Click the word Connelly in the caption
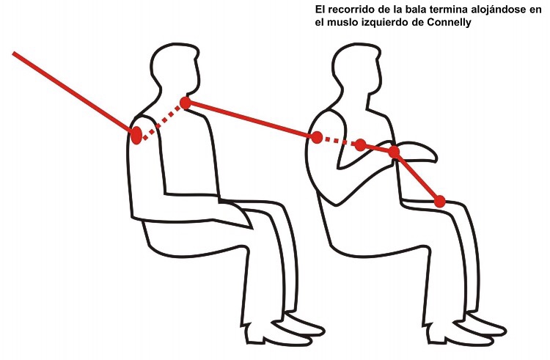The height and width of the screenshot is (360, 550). pos(450,23)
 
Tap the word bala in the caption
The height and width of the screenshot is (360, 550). pos(415,10)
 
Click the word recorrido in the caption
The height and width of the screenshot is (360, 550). pos(352,10)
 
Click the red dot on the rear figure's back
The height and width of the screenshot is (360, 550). pos(136,135)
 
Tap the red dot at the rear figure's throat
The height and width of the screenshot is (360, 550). pos(186,103)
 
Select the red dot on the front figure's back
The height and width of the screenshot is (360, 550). pos(316,137)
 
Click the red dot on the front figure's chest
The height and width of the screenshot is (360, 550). pos(361,144)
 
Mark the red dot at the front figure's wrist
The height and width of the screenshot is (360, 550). pos(395,152)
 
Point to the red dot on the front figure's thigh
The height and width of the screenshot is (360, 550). pos(439,202)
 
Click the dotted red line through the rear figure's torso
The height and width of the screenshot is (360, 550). pos(161,120)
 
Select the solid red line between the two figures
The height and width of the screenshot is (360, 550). pos(251,120)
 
